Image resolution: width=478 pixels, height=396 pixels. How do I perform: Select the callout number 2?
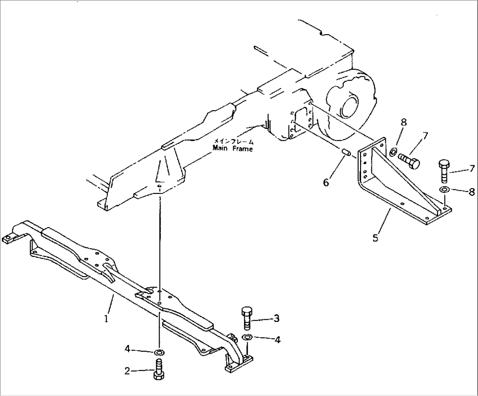127,371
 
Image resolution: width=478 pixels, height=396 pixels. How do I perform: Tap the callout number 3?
276,318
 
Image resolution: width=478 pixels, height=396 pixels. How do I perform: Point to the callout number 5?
375,238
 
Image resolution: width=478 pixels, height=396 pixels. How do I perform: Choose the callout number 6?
326,182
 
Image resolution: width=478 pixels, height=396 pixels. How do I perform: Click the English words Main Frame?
232,149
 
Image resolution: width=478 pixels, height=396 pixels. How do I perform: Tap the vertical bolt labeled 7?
443,172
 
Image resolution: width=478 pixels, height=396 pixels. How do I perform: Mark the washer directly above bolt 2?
159,352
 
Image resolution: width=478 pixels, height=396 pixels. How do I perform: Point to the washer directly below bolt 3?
247,337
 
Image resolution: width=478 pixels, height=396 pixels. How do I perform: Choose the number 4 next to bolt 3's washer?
277,339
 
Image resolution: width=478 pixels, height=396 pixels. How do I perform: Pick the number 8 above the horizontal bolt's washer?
403,122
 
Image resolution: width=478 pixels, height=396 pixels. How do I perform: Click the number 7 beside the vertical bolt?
471,168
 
